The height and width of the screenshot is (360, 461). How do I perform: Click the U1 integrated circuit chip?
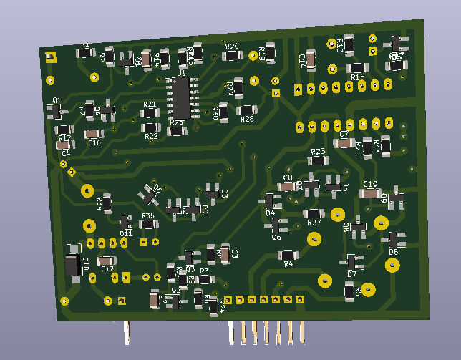coord(180,98)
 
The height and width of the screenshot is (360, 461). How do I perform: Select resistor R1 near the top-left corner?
coord(85,52)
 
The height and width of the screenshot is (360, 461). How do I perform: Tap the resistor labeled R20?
coord(232,55)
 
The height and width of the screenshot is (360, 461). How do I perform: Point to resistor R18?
coord(356,68)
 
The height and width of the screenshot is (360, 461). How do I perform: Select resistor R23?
coord(319,160)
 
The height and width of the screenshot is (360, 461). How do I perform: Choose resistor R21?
coord(150,113)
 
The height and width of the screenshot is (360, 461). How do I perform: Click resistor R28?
coord(247,110)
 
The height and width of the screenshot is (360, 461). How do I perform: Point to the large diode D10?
coord(72,264)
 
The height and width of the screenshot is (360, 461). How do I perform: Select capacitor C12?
coord(107,261)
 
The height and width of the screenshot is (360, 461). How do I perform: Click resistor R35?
coord(148,224)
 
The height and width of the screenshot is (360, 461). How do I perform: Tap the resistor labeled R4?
coord(288,255)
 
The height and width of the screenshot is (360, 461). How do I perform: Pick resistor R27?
coord(314,213)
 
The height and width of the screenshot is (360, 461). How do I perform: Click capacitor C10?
coord(369,193)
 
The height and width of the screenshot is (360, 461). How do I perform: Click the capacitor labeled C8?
coord(287,186)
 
